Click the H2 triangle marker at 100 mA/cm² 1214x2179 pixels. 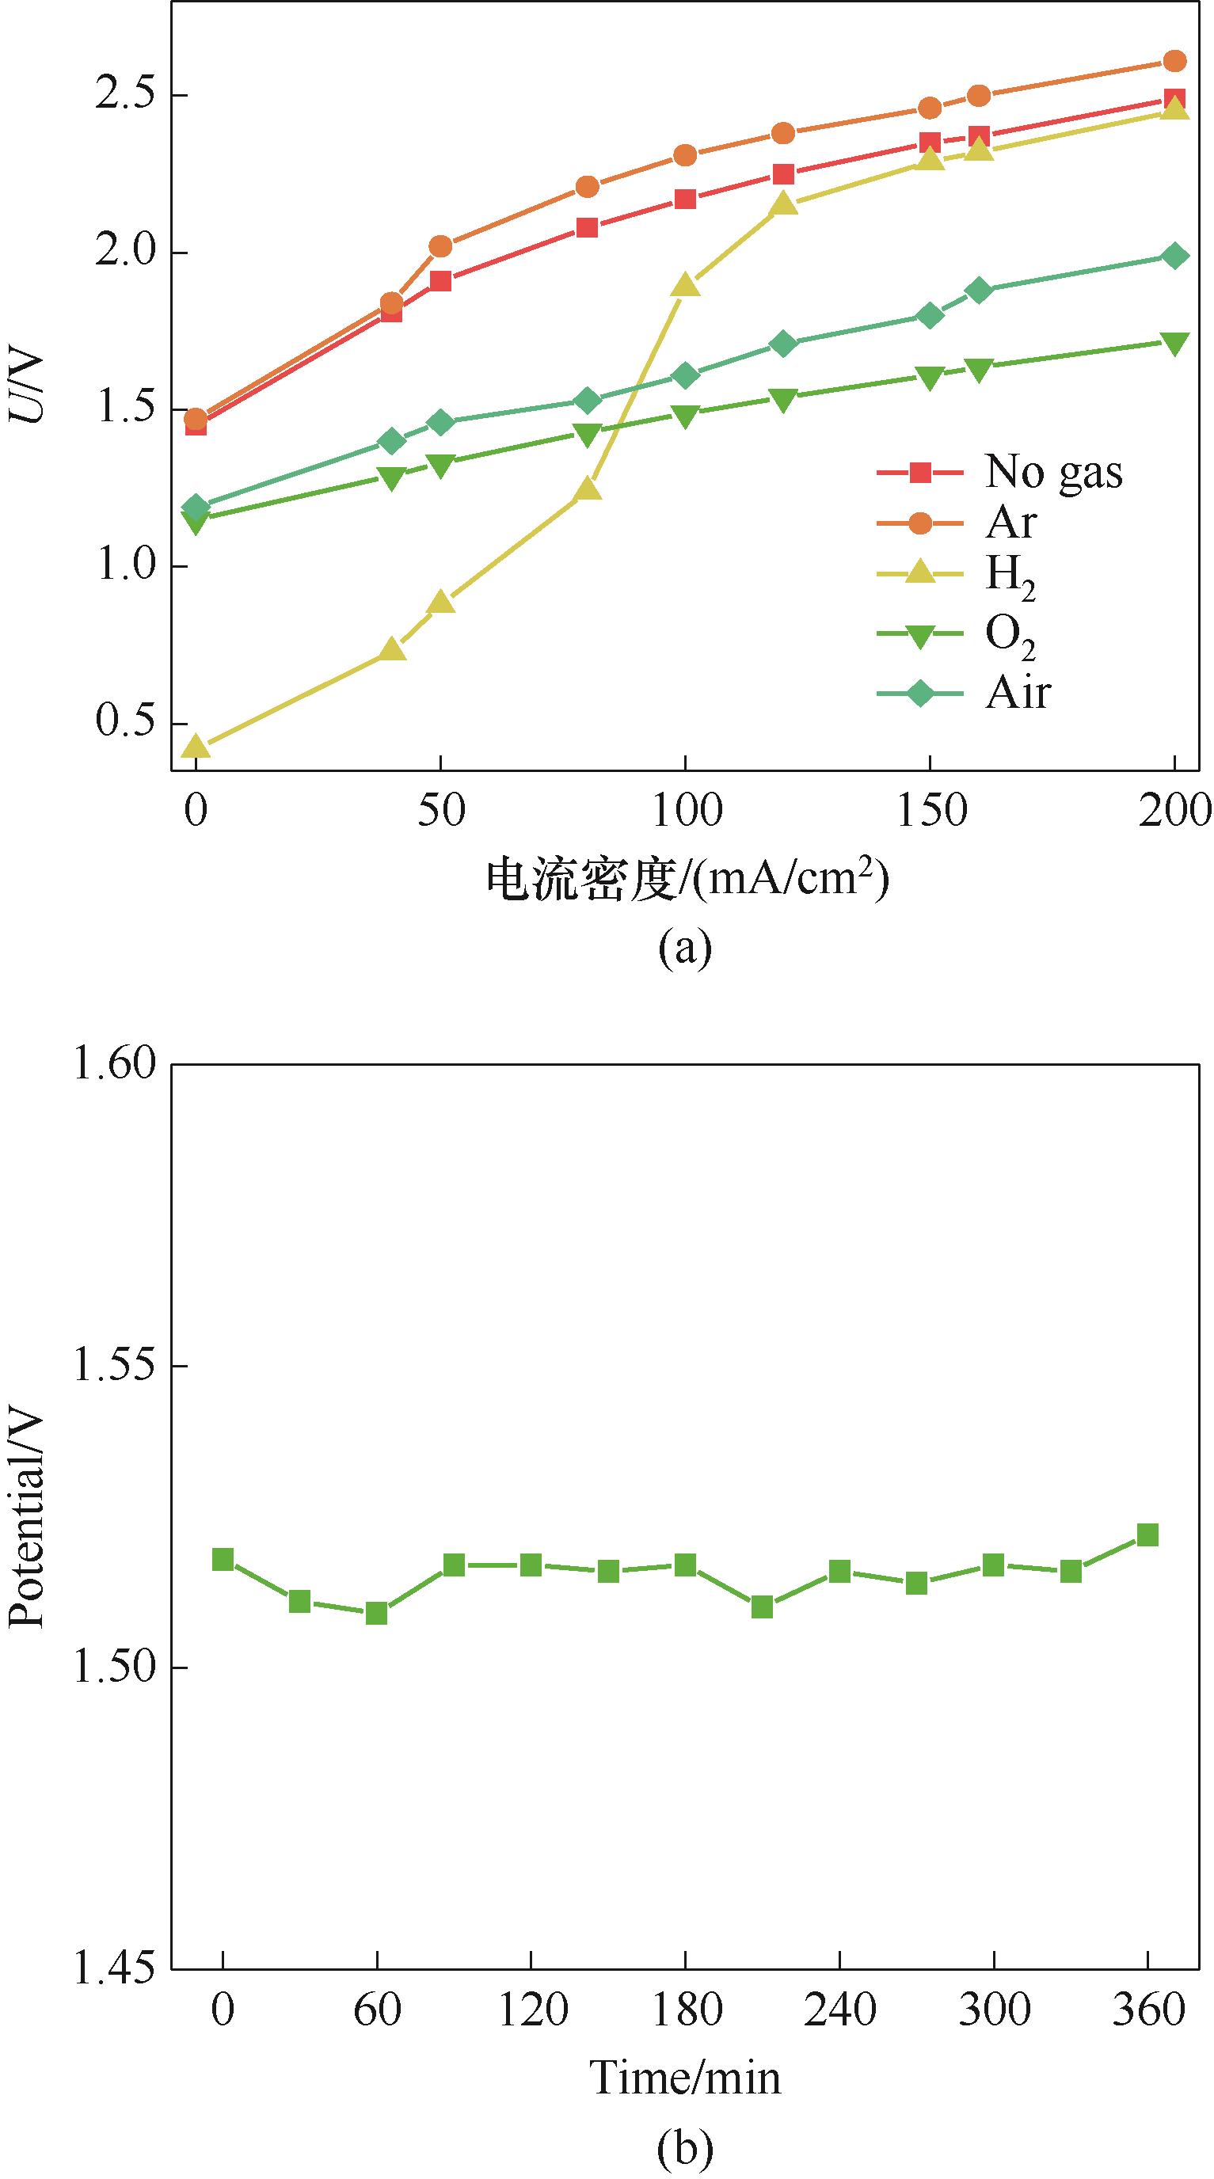[685, 285]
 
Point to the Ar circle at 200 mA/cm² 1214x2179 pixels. [1174, 61]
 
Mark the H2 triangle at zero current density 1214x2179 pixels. [196, 746]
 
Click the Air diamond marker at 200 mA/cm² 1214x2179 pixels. [1174, 256]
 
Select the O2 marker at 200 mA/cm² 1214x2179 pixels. [1174, 343]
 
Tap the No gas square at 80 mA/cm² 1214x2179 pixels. [587, 227]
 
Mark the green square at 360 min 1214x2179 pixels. [1147, 1535]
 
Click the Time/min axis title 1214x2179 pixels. [685, 2071]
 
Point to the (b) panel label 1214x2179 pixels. [685, 2141]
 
